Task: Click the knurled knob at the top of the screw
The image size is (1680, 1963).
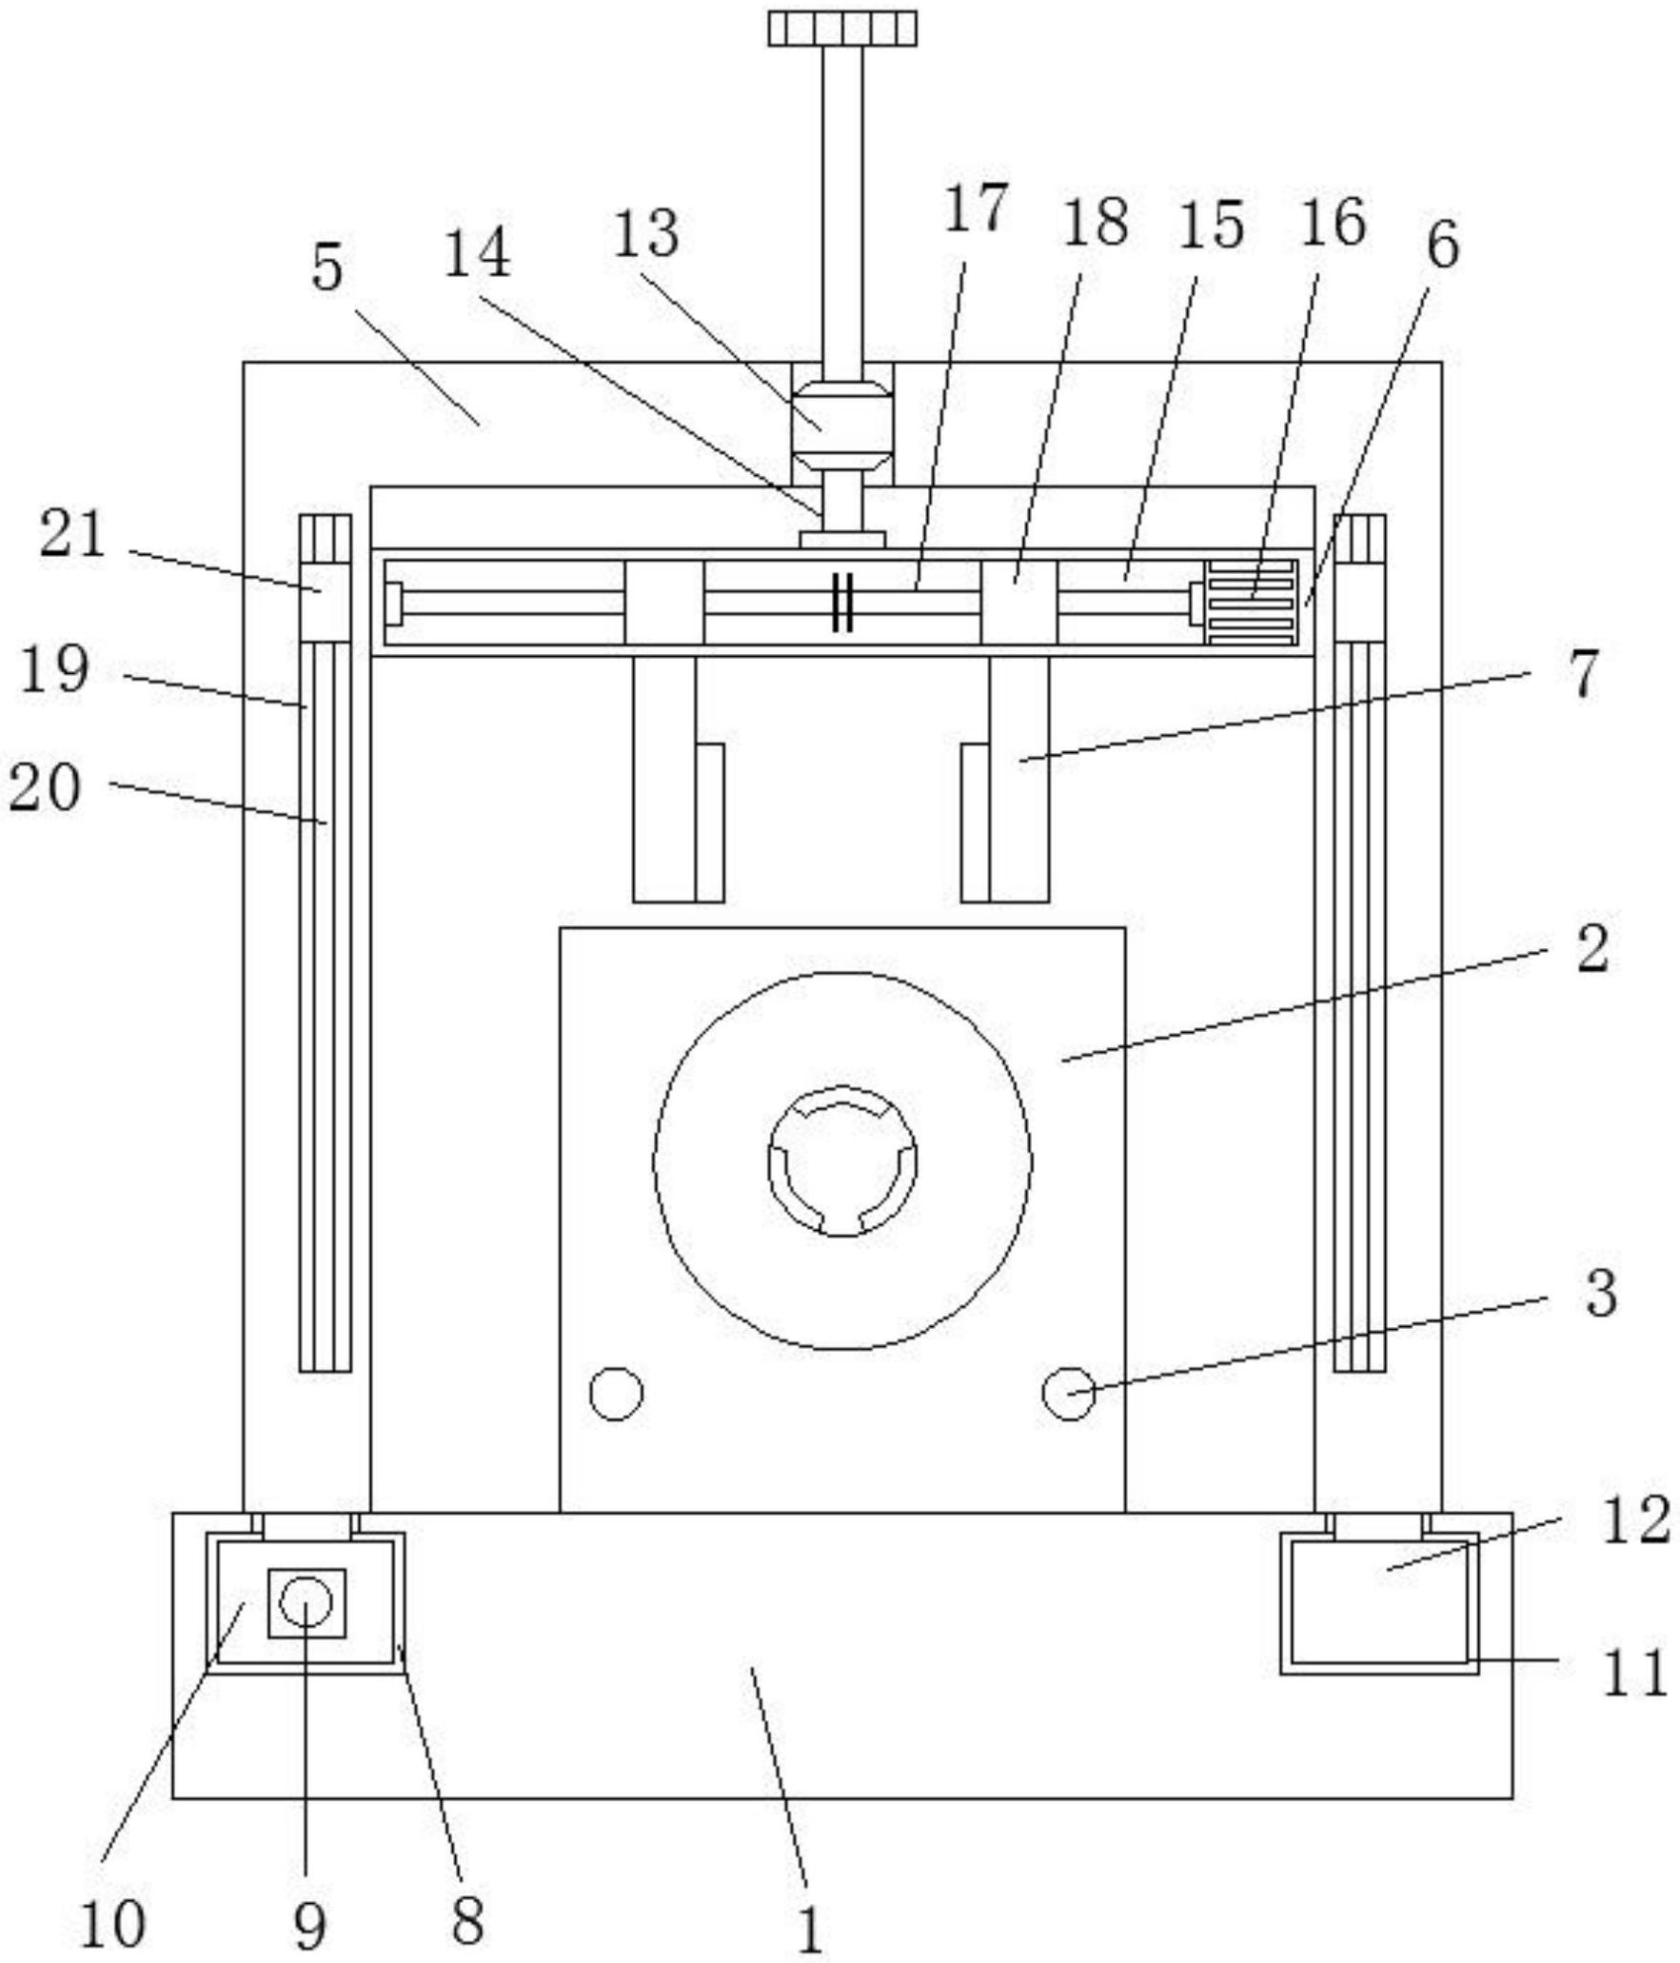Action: click(842, 29)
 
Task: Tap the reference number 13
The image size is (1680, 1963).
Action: click(646, 234)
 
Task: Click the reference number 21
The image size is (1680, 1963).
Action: click(72, 534)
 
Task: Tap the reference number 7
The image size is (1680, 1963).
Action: click(1583, 673)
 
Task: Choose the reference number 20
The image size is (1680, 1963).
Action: click(44, 787)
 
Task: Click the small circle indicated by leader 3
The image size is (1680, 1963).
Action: click(1068, 1394)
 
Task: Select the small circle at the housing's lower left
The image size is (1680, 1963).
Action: click(616, 1394)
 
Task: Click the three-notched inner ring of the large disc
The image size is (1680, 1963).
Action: click(842, 1161)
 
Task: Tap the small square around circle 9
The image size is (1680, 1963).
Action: click(306, 1603)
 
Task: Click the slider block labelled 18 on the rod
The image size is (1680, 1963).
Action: click(1018, 603)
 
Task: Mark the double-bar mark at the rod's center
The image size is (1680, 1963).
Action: click(842, 603)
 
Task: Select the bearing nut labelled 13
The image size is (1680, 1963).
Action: click(842, 426)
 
